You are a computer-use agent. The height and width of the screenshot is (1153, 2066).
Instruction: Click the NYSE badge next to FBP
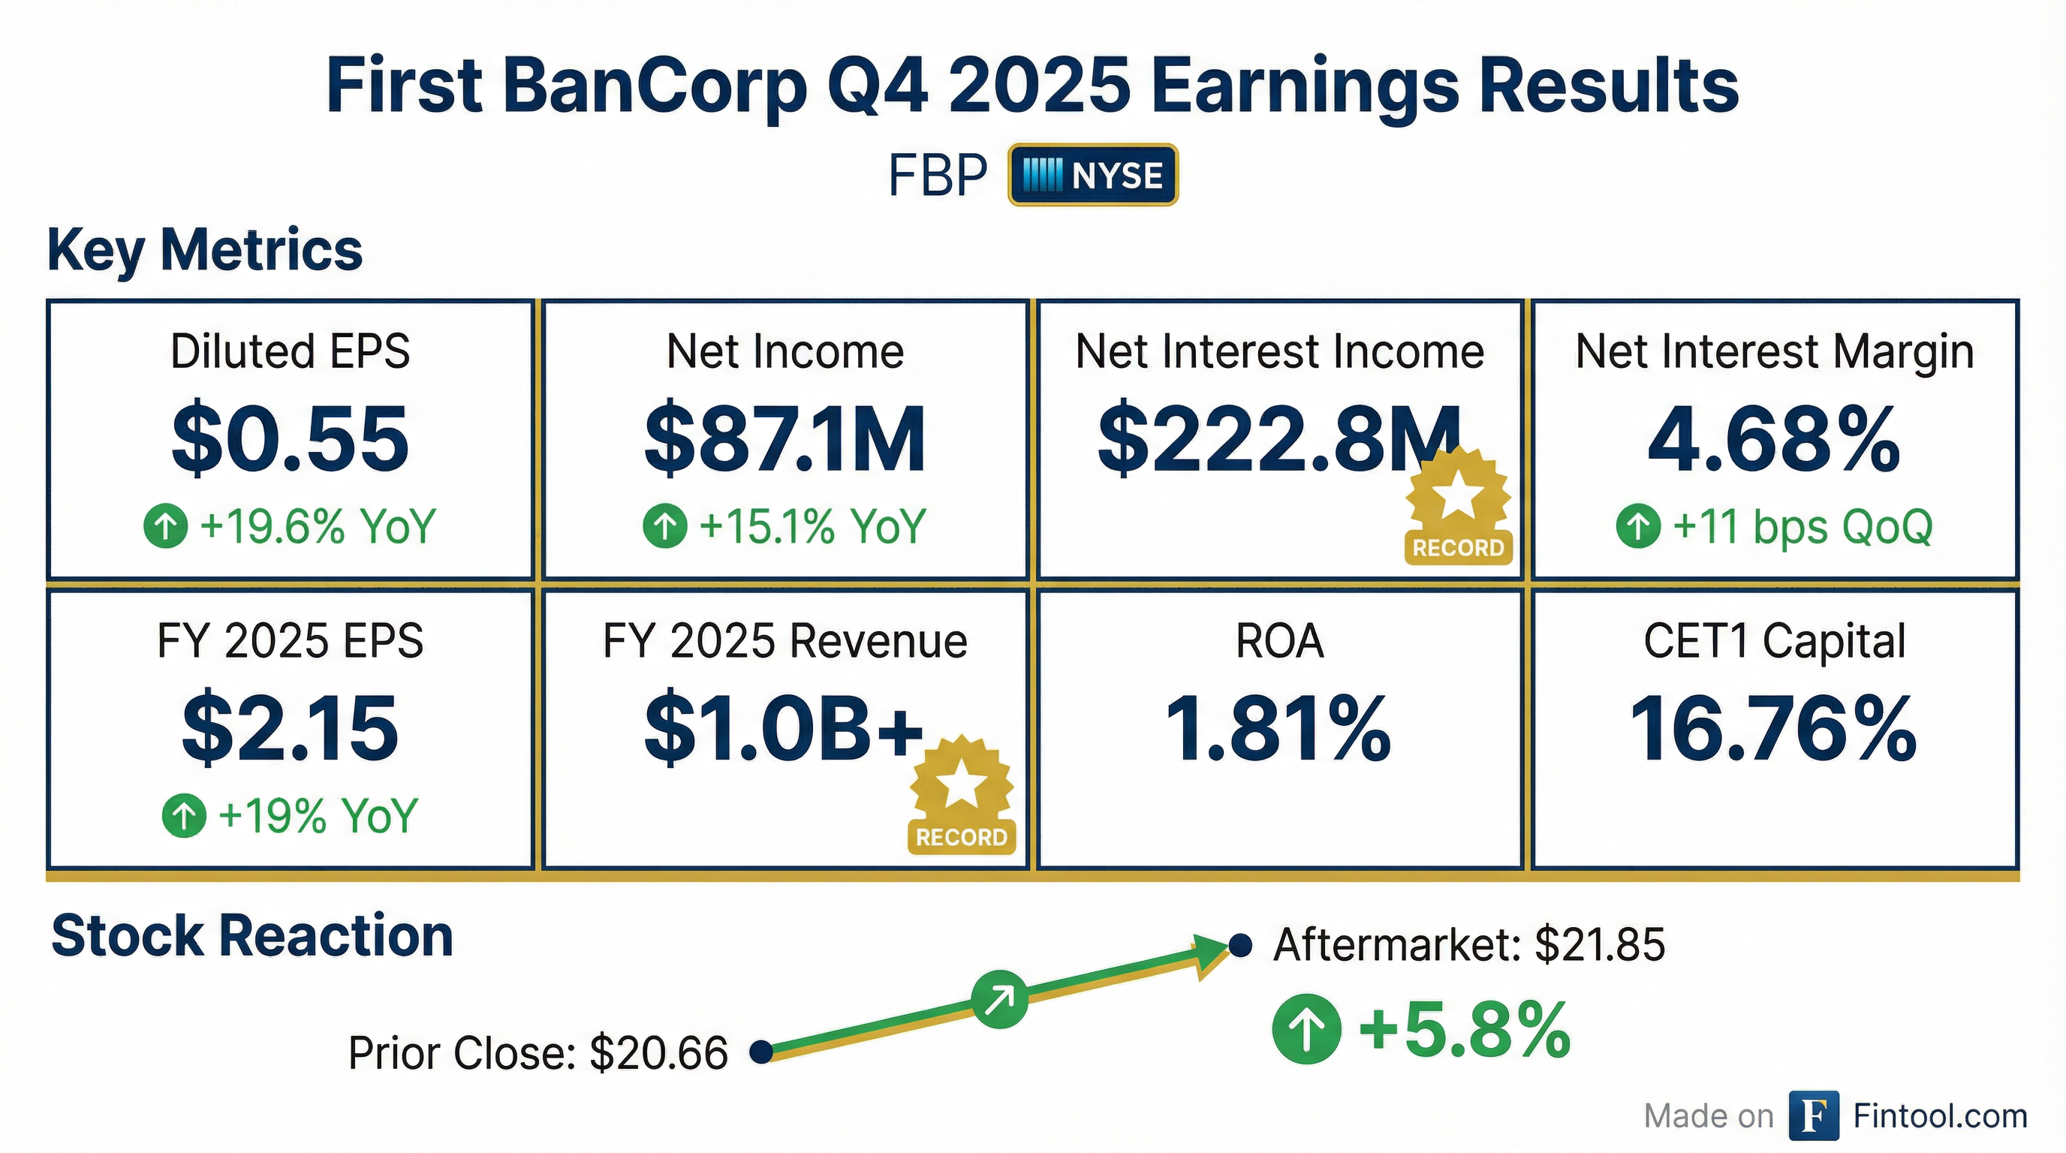click(1092, 175)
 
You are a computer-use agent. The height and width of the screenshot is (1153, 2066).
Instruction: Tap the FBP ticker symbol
click(937, 176)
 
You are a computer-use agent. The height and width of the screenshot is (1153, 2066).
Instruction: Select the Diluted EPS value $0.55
click(291, 439)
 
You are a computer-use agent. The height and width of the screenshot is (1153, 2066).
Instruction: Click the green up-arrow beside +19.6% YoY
click(165, 526)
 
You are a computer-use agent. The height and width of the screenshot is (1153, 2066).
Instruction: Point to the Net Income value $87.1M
click(785, 439)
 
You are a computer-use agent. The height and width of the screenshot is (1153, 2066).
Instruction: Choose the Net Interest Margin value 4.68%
click(1774, 439)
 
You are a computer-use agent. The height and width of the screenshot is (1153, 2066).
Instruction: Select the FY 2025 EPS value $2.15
click(291, 728)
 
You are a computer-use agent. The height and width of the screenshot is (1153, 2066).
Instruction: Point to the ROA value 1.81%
click(1278, 728)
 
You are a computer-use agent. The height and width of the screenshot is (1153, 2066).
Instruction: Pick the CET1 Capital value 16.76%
click(1774, 728)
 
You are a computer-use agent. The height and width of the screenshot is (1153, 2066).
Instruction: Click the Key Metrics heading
click(205, 250)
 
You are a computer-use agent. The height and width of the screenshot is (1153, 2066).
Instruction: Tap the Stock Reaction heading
click(251, 936)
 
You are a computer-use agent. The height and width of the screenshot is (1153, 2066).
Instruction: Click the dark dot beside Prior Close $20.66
click(760, 1051)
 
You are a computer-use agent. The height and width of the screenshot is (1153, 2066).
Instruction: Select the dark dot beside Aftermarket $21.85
click(1240, 945)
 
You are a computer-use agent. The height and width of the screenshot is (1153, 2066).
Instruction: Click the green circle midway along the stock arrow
click(999, 999)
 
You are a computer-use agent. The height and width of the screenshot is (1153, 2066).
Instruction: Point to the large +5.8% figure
click(1464, 1031)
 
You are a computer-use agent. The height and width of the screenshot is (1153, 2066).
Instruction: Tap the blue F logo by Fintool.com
click(1813, 1115)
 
